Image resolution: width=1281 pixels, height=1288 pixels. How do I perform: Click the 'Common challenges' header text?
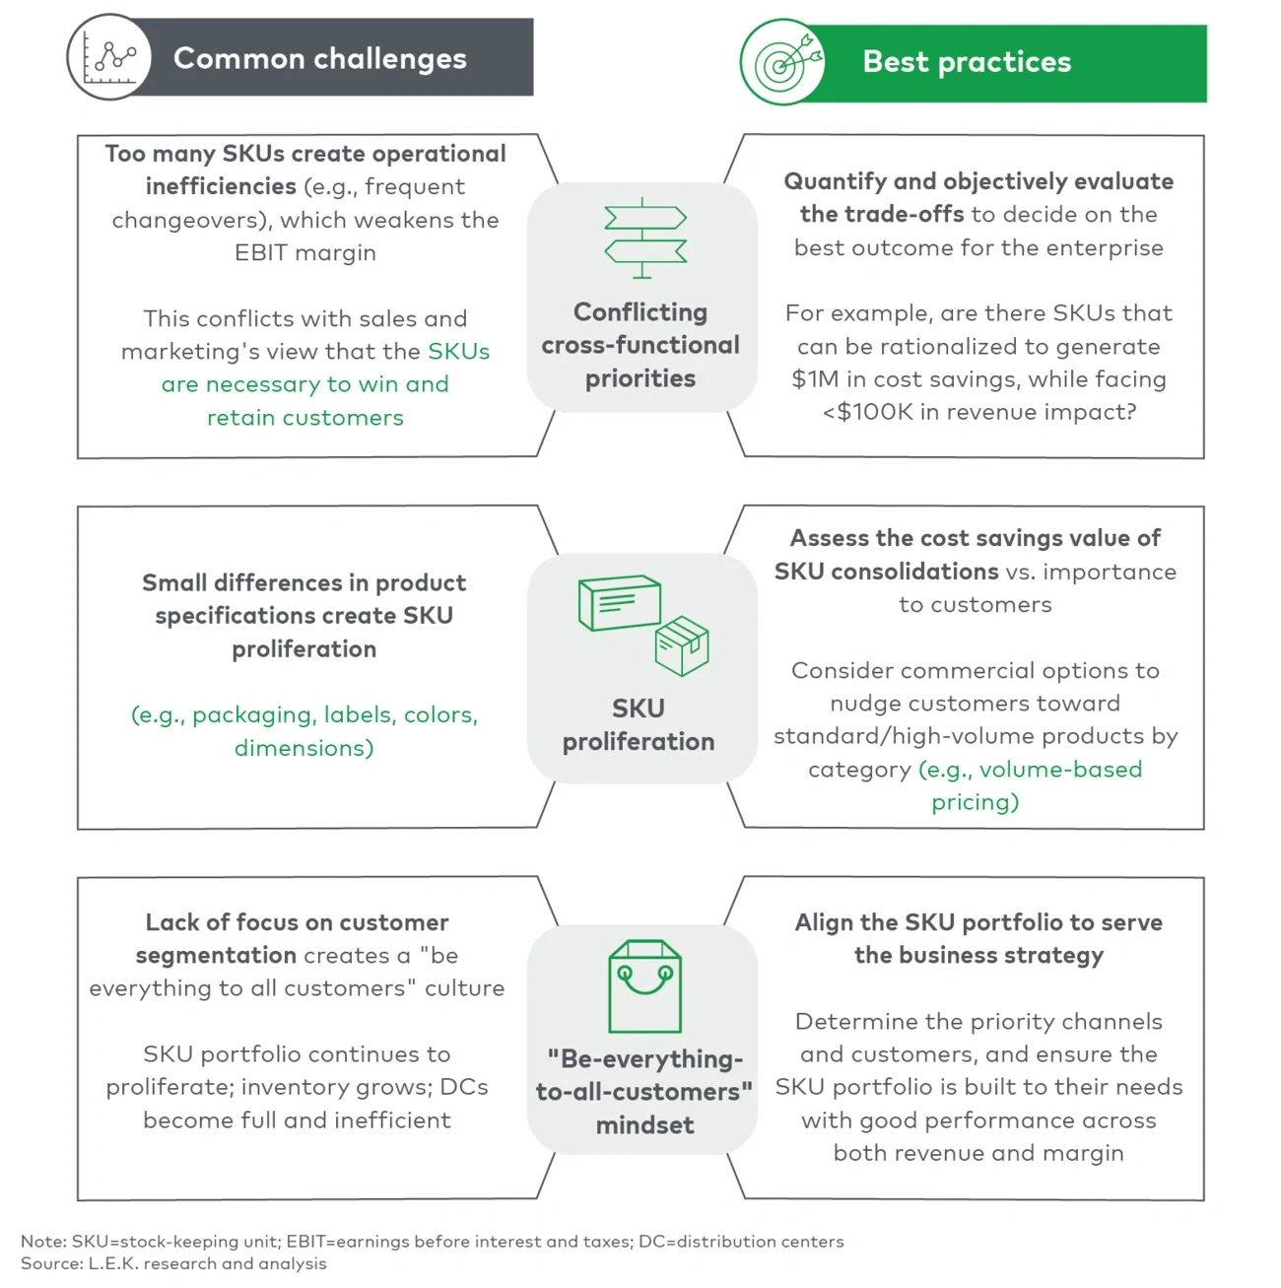pos(319,58)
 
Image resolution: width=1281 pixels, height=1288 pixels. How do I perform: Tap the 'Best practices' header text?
pos(966,62)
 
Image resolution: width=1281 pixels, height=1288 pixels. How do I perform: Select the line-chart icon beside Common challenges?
pos(109,57)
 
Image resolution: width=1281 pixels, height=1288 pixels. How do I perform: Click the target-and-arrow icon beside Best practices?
pos(783,62)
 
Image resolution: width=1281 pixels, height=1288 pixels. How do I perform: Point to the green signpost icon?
pos(644,237)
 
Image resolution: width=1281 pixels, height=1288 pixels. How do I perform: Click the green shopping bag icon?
pos(644,986)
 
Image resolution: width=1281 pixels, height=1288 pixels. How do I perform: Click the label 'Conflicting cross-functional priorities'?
pos(640,345)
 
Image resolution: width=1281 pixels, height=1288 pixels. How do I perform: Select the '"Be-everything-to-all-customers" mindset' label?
pos(644,1092)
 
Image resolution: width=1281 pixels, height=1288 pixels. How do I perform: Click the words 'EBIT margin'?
pos(305,253)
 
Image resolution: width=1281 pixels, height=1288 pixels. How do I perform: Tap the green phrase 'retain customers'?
pos(305,418)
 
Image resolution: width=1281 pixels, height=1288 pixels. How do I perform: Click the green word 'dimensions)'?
pos(304,748)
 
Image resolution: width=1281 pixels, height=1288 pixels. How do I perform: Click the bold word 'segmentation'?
pos(216,956)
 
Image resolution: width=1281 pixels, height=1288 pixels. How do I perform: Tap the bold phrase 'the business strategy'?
pos(978,956)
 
